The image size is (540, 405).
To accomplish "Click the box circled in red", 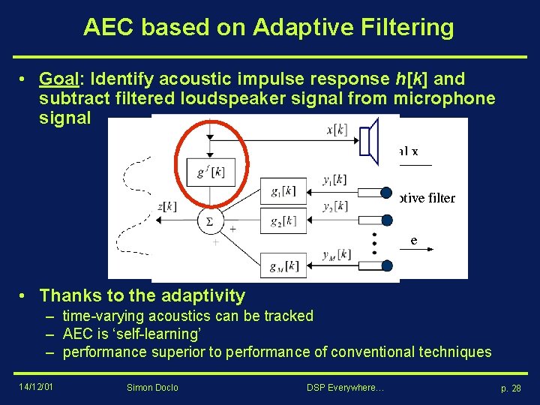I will pyautogui.click(x=209, y=172).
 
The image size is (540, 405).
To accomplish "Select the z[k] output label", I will pyautogui.click(x=166, y=206).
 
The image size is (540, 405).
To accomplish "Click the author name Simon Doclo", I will pyautogui.click(x=153, y=387).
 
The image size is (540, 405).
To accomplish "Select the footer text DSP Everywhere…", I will pyautogui.click(x=345, y=387).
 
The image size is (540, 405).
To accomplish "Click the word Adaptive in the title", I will pyautogui.click(x=297, y=28).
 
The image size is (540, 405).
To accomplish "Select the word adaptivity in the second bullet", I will pyautogui.click(x=198, y=295).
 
